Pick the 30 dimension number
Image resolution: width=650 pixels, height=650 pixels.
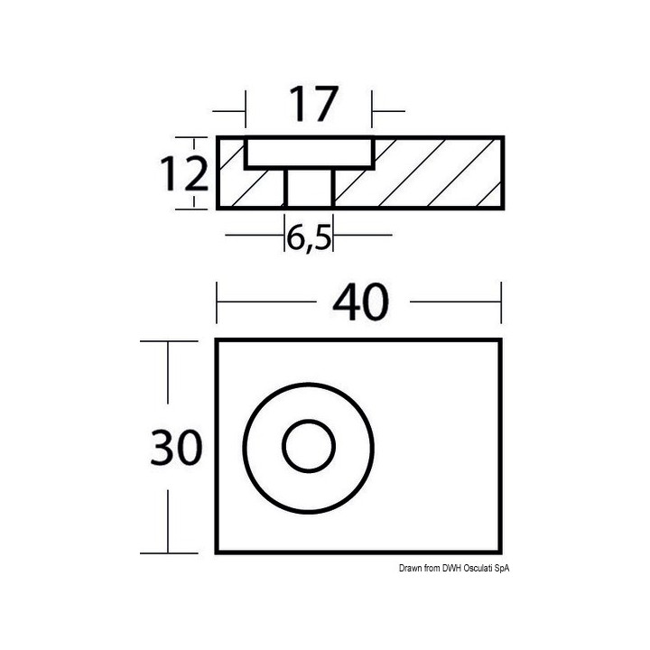(x=178, y=447)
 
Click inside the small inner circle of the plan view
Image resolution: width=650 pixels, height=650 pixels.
(x=309, y=446)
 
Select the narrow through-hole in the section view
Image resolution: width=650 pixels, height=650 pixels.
(x=309, y=189)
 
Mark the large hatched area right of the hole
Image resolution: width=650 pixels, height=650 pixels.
(x=424, y=176)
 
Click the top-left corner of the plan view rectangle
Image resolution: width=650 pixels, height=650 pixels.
(x=217, y=341)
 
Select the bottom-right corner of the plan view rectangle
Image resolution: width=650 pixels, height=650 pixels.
(x=501, y=552)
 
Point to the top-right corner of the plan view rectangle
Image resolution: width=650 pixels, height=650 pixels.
(x=501, y=341)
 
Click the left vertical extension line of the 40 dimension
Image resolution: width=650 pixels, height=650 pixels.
(x=216, y=303)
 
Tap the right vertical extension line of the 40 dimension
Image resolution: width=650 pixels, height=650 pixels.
(x=501, y=303)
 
